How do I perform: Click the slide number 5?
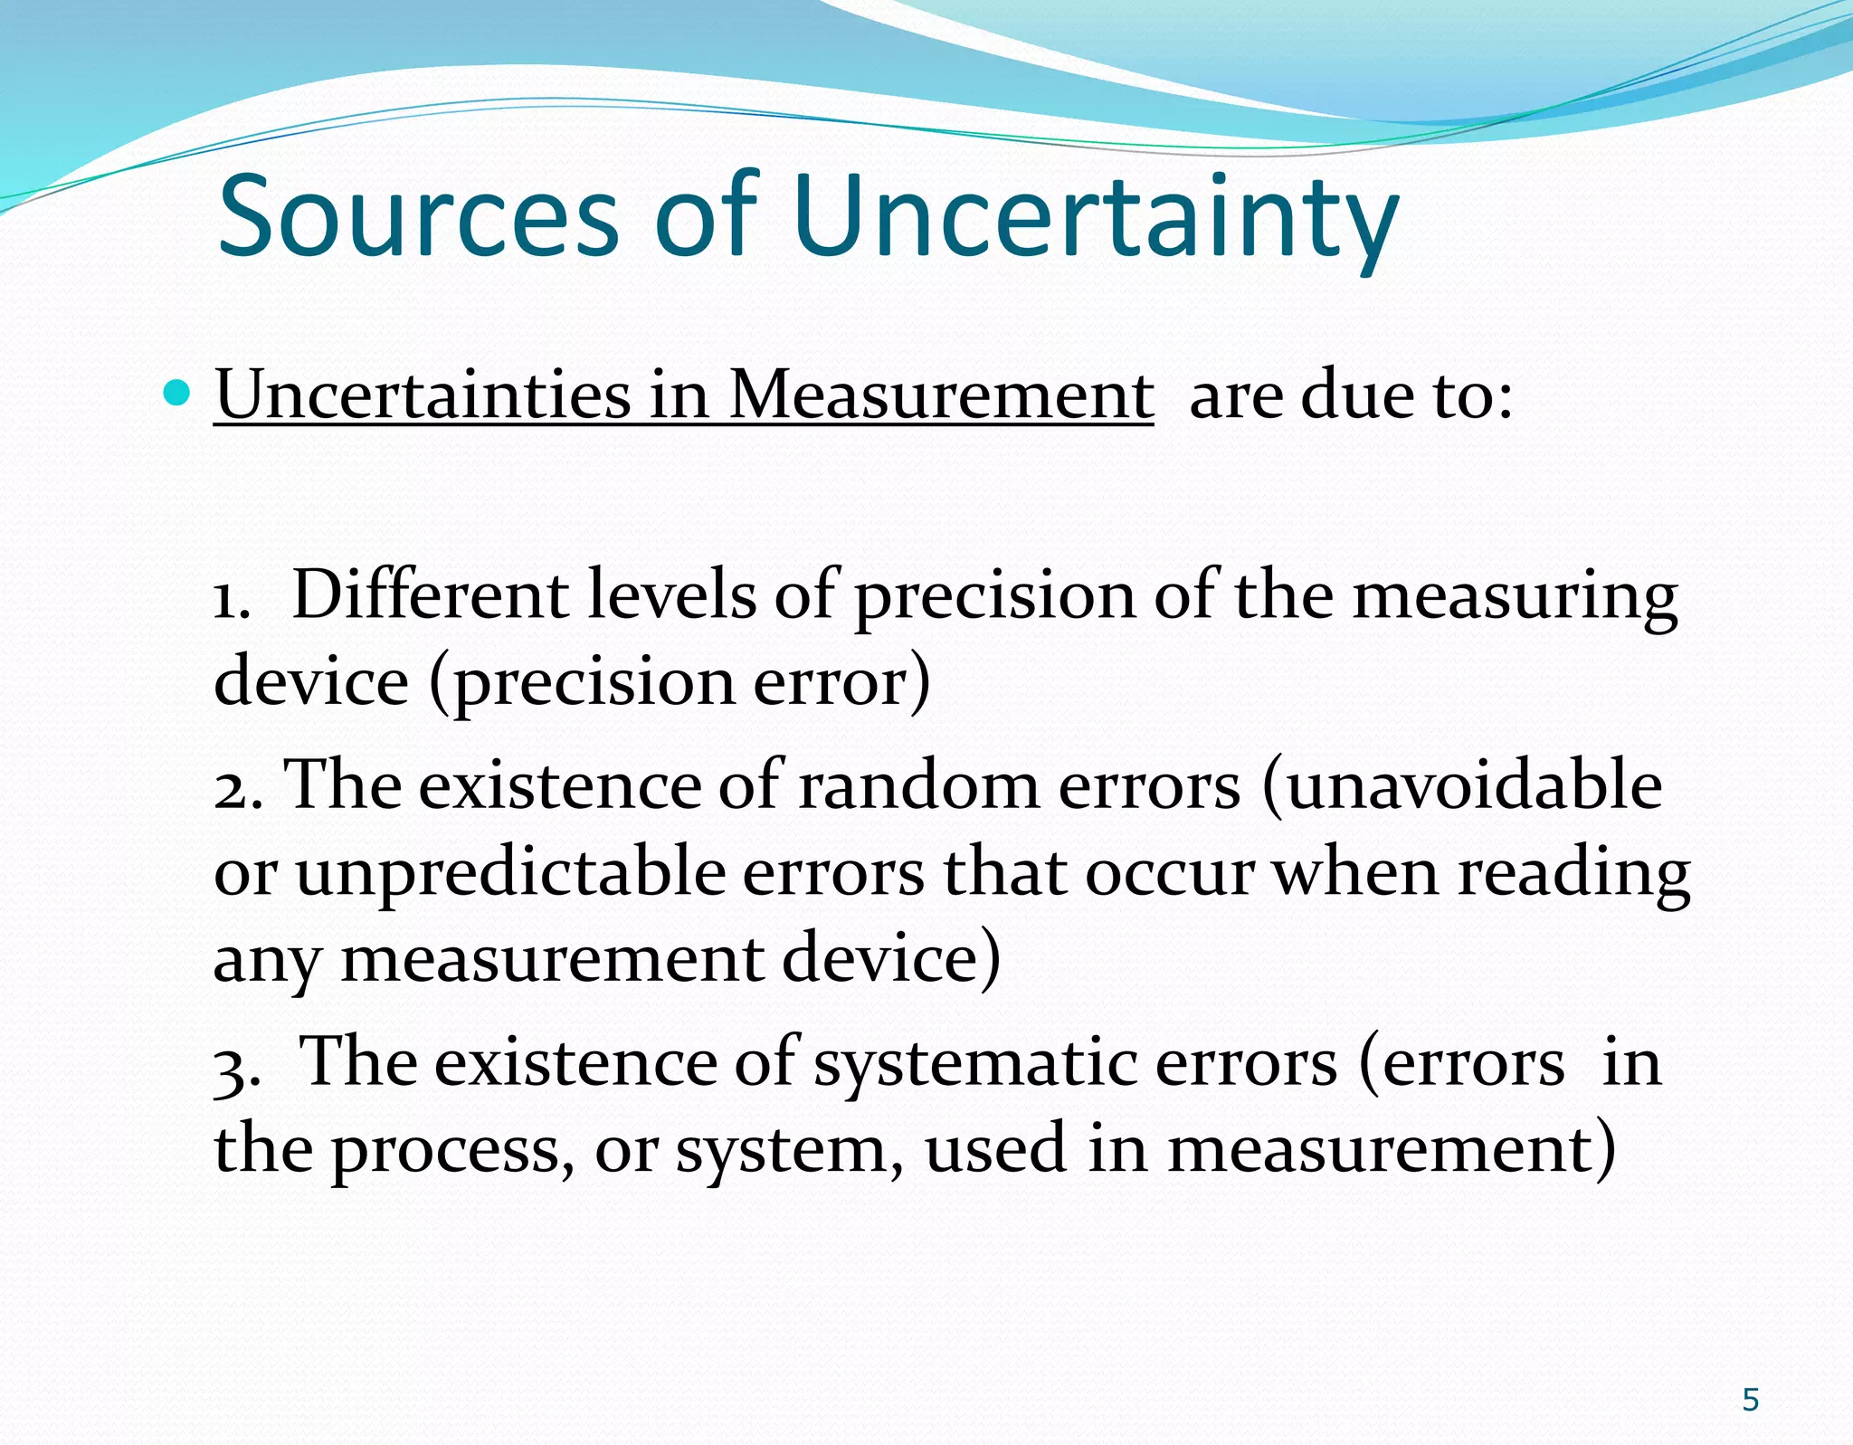click(1750, 1400)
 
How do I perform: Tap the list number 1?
click(230, 600)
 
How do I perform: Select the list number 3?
click(236, 1066)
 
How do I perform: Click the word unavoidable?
click(1473, 785)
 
